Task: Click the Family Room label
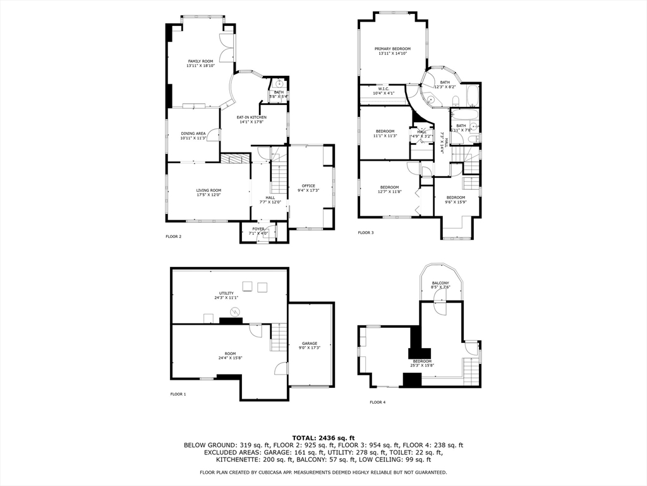point(200,61)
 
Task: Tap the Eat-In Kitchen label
point(251,117)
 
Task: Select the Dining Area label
point(193,134)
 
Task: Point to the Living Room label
point(209,190)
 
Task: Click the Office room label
point(308,185)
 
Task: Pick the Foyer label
point(258,228)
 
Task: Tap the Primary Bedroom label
point(392,49)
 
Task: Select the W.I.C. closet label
point(383,89)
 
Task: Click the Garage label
point(309,344)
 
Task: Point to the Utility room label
point(226,293)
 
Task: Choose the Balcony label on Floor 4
point(440,283)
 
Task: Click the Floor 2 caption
point(174,237)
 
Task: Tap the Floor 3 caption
point(366,233)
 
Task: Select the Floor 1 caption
point(178,394)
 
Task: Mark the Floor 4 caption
point(377,402)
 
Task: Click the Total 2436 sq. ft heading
point(323,437)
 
